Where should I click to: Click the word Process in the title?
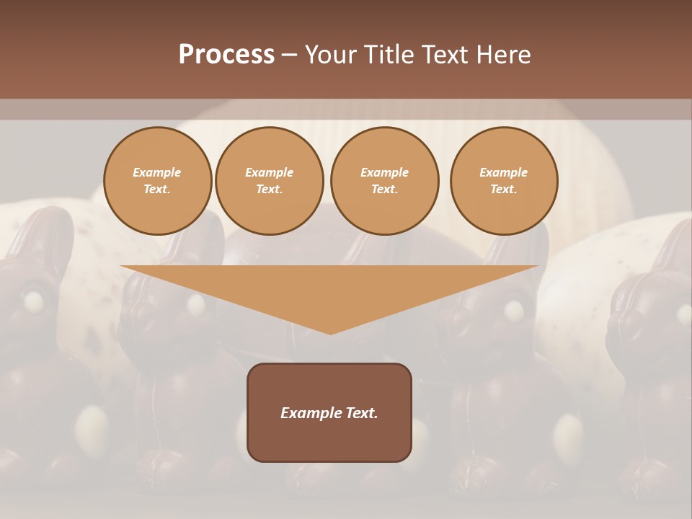click(226, 55)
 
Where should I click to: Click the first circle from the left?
click(157, 181)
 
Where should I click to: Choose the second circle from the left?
click(270, 181)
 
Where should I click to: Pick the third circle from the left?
click(385, 181)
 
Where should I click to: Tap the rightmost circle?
click(504, 181)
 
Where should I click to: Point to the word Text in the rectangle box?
click(360, 413)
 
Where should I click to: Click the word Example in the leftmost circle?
click(157, 172)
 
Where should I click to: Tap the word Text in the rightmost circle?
click(504, 190)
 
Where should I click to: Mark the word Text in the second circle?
click(270, 190)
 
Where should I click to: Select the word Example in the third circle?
click(385, 172)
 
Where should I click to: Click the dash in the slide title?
click(289, 55)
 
